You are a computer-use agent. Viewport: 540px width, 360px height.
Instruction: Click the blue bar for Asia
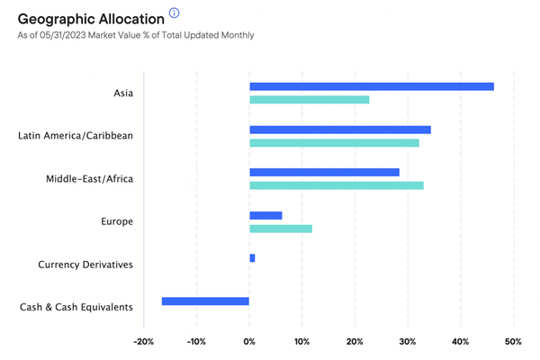(372, 86)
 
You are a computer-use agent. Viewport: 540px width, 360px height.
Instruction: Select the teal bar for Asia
(310, 100)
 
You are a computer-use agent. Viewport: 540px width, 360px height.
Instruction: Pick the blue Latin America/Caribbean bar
(340, 130)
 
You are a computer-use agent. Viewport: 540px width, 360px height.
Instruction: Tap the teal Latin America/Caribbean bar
(335, 142)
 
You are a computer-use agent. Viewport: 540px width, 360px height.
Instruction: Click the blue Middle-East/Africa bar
(324, 172)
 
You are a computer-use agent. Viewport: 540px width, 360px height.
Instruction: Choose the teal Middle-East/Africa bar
(337, 185)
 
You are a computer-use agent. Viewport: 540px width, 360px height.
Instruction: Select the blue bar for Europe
(265, 215)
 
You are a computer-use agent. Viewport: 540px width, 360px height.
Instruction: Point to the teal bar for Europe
(281, 229)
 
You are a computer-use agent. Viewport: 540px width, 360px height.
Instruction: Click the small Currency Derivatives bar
(252, 258)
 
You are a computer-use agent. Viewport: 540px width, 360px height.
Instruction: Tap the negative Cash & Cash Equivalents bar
(205, 301)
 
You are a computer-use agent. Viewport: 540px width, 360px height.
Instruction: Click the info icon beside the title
(175, 13)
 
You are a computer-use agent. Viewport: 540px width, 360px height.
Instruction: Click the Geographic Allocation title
(91, 19)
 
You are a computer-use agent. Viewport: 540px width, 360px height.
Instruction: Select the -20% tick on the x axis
(144, 342)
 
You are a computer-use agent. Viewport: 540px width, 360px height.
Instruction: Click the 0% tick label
(249, 342)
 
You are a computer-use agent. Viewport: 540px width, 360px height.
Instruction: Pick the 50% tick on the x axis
(513, 342)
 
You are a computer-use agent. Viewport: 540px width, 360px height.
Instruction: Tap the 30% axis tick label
(408, 342)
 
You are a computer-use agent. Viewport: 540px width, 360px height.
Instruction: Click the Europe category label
(117, 221)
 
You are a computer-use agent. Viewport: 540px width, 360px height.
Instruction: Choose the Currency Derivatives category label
(85, 265)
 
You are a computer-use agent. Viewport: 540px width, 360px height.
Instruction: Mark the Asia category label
(123, 93)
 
